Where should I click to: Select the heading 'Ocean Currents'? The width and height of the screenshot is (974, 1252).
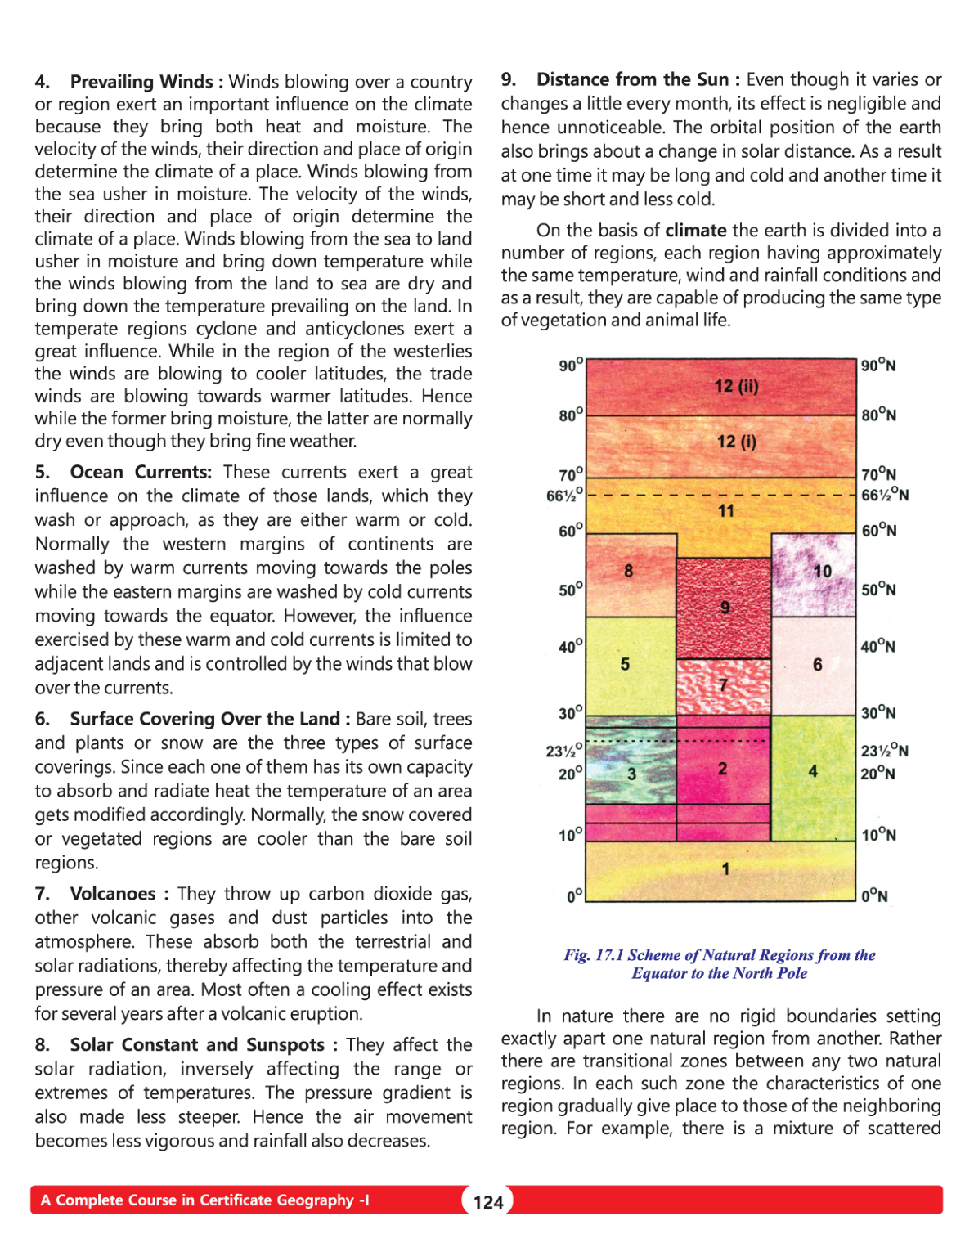point(140,472)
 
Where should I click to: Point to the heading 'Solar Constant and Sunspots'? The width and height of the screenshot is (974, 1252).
point(201,1045)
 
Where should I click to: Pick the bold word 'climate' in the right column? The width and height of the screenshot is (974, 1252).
point(696,231)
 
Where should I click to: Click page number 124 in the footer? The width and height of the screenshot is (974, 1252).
point(488,1201)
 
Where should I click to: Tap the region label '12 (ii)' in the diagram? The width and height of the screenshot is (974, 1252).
point(736,386)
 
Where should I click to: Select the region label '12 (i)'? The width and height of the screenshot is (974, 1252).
point(736,442)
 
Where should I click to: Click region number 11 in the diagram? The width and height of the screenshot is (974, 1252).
point(726,511)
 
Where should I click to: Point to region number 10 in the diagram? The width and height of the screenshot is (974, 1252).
point(822,571)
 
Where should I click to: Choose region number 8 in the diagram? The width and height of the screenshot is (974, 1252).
point(628,571)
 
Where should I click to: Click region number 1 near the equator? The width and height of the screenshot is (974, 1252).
point(725,868)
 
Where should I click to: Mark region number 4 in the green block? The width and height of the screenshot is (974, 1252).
point(813,770)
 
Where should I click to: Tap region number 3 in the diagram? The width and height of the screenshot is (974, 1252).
point(631,774)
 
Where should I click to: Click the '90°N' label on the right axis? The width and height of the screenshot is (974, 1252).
point(878,366)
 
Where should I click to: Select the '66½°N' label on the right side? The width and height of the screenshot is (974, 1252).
point(885,495)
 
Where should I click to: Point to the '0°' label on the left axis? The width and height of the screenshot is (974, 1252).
point(575,896)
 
